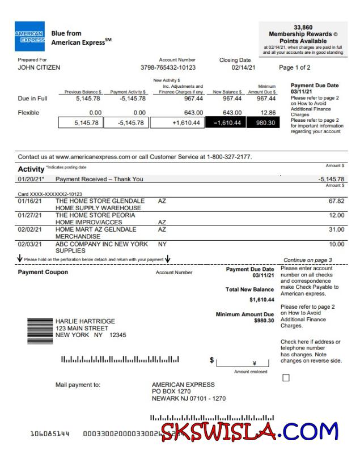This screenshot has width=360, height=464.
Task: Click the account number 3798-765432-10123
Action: (x=168, y=67)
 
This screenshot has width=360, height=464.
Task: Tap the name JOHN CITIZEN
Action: (x=39, y=67)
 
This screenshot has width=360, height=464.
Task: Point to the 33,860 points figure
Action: (x=303, y=27)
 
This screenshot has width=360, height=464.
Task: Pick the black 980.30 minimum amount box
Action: (x=264, y=123)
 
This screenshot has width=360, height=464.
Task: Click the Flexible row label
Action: (x=28, y=113)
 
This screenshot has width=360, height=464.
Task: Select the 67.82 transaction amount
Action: (x=336, y=201)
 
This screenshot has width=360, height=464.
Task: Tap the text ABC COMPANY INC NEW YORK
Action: (x=101, y=244)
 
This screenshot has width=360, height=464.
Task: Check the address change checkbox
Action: (x=286, y=378)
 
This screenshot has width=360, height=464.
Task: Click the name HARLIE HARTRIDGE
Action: (x=85, y=321)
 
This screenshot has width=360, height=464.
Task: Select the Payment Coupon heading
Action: (x=43, y=272)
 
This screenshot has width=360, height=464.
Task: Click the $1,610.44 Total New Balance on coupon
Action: (x=261, y=299)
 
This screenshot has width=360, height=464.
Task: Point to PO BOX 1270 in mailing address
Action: (x=171, y=391)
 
